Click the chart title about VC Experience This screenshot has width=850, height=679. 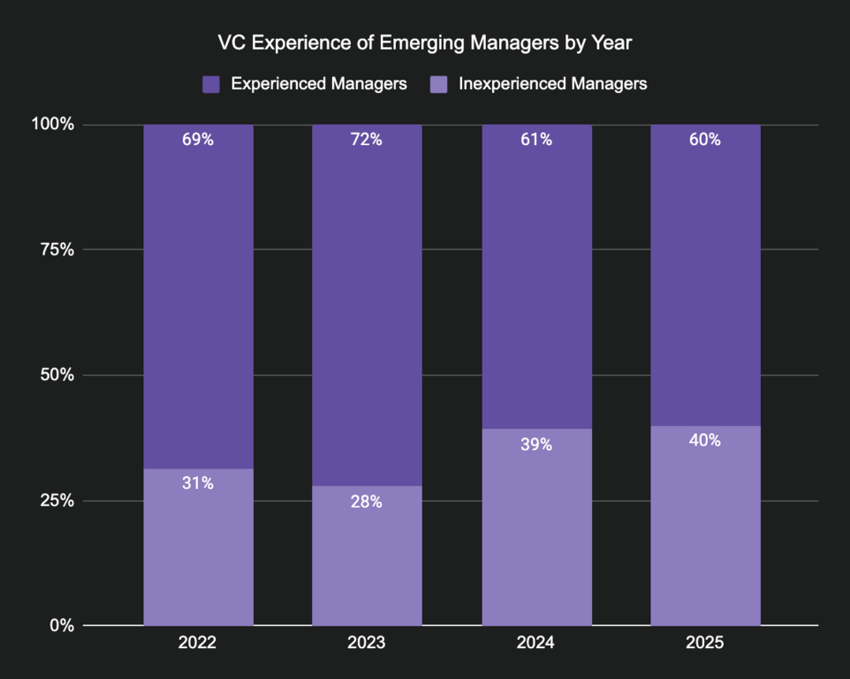click(x=424, y=42)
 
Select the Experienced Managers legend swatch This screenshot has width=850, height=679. click(x=211, y=85)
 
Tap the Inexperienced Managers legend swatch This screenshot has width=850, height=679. click(x=439, y=85)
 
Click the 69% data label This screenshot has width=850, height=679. click(x=198, y=140)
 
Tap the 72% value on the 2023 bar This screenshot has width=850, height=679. click(x=367, y=140)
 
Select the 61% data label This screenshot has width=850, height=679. click(x=536, y=140)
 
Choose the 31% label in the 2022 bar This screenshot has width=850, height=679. click(x=198, y=484)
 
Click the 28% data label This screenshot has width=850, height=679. click(x=367, y=501)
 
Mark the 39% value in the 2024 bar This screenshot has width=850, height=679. click(x=536, y=445)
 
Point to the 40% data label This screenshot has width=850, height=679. click(x=705, y=440)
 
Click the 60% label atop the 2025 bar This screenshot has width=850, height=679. click(x=705, y=140)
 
